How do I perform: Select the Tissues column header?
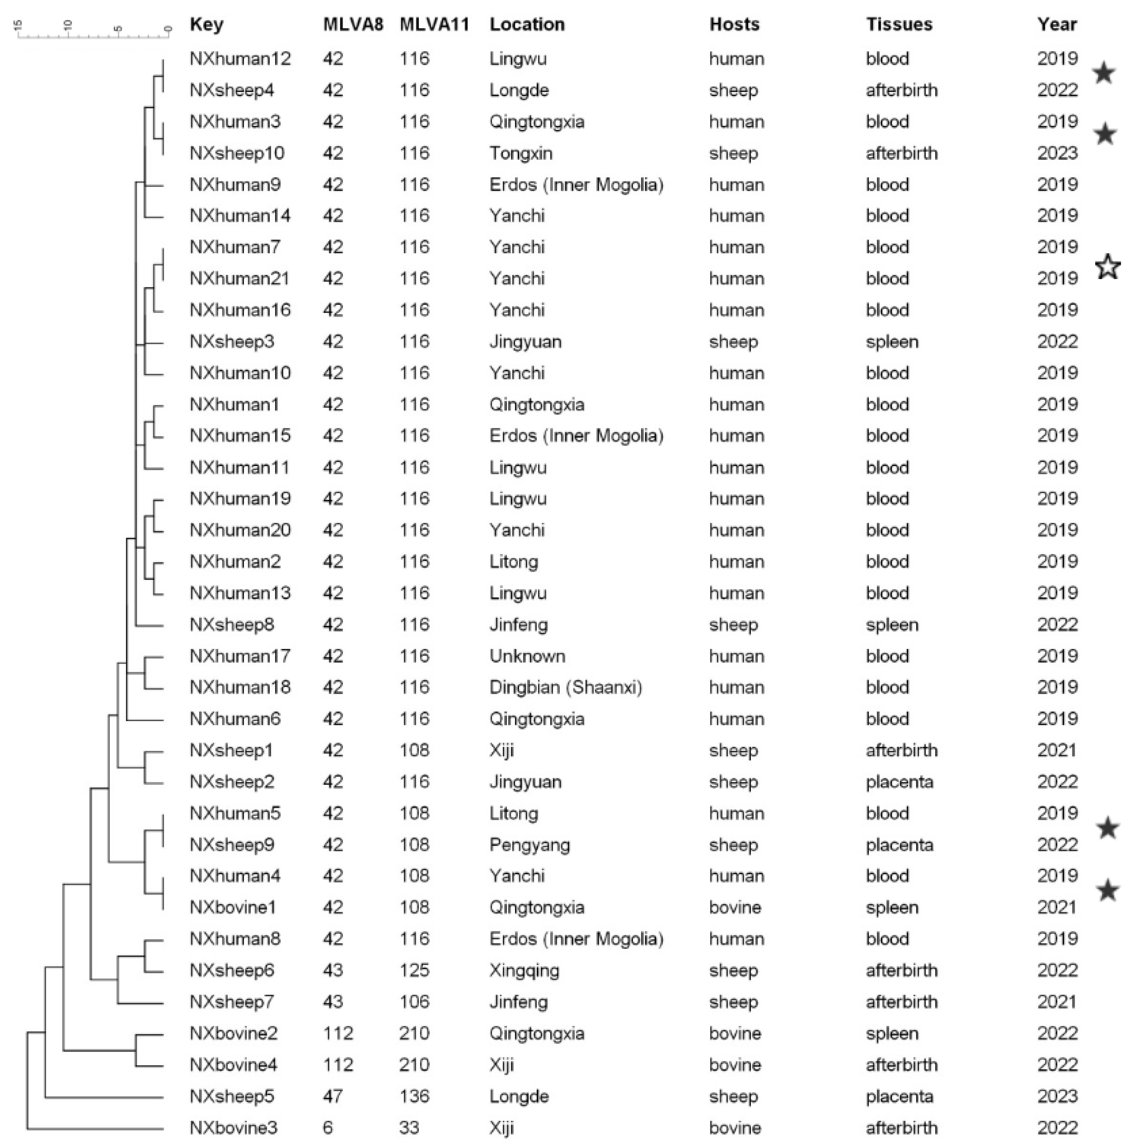[x=899, y=24]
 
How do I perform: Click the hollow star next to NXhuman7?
[x=1107, y=266]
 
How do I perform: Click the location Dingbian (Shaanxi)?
[x=565, y=687]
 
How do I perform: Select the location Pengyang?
[x=529, y=844]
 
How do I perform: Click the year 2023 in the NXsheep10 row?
[x=1057, y=153]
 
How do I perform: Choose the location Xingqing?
[x=524, y=970]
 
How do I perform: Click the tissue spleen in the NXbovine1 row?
[x=891, y=907]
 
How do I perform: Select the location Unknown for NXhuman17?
[x=527, y=656]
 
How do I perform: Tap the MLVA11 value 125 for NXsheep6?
[x=414, y=970]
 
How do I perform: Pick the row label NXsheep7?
[x=231, y=1002]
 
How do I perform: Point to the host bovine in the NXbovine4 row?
[x=735, y=1064]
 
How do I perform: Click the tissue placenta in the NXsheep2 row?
[x=899, y=781]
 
